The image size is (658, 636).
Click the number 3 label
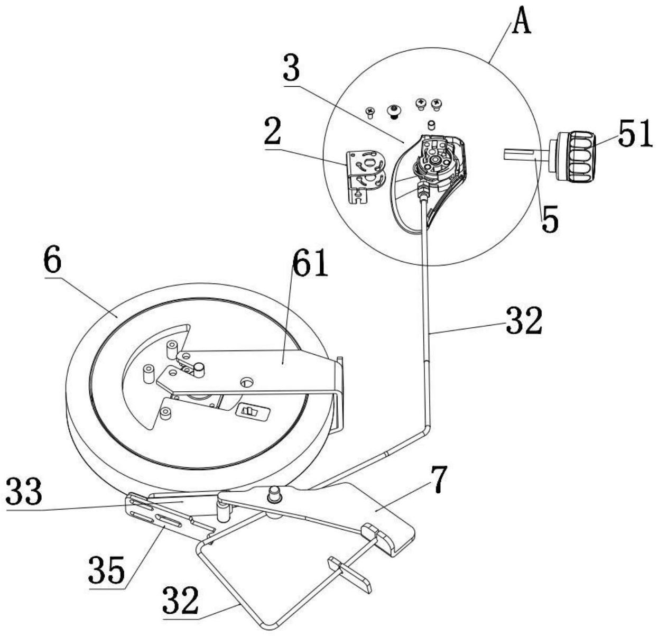click(x=291, y=68)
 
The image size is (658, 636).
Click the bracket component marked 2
click(x=366, y=176)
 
